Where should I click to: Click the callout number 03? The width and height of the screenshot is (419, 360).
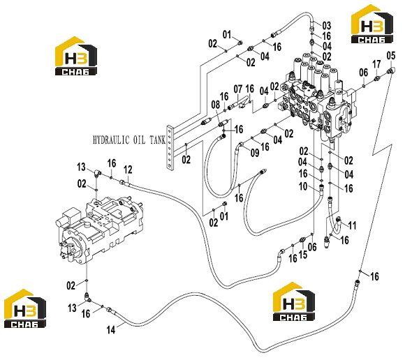(x=327, y=26)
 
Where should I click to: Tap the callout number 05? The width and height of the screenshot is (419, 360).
(x=390, y=56)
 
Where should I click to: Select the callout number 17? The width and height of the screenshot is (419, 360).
(x=376, y=64)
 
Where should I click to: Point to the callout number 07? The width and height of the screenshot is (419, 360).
(x=238, y=89)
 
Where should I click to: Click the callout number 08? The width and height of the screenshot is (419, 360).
(x=215, y=105)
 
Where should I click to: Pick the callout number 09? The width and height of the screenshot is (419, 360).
(x=255, y=153)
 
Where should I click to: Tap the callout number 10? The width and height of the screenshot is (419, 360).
(x=303, y=186)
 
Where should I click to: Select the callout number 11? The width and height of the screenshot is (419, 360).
(x=353, y=225)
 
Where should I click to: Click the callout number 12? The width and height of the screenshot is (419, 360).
(x=128, y=170)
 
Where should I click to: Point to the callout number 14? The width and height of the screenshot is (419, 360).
(x=111, y=330)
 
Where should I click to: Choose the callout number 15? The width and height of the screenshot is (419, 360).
(x=303, y=255)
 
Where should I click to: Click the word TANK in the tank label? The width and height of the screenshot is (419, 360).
(x=158, y=140)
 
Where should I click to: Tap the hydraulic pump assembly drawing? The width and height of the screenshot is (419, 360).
(x=99, y=230)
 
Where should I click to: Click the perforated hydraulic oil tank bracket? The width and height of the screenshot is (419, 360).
(x=170, y=148)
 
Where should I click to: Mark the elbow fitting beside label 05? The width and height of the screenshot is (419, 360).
(x=391, y=70)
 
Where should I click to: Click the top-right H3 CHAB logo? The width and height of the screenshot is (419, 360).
(x=372, y=24)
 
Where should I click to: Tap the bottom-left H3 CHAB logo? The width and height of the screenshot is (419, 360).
(x=25, y=309)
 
